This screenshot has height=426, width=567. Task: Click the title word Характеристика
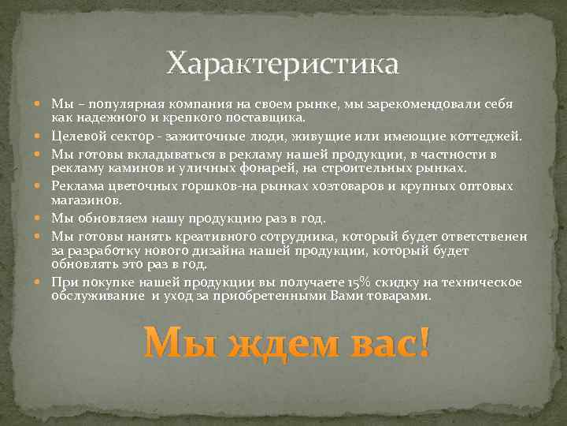(x=283, y=62)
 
